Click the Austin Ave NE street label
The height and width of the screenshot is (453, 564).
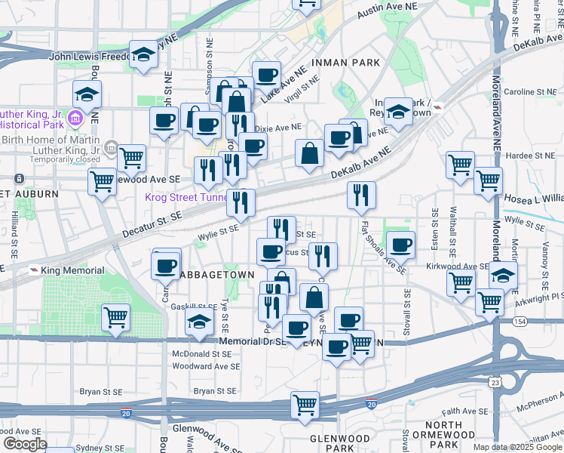(x=386, y=11)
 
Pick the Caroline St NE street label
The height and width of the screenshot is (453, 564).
(x=530, y=92)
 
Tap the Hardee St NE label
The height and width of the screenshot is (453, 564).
(x=530, y=155)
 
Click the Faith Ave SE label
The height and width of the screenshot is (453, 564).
(x=466, y=411)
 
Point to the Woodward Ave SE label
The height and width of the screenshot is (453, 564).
(x=206, y=366)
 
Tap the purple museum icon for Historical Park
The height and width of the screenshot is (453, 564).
(x=75, y=119)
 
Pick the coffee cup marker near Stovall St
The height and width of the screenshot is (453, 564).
(x=400, y=244)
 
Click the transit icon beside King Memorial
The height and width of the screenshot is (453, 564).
(x=35, y=270)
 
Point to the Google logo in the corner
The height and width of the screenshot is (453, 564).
(x=25, y=444)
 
